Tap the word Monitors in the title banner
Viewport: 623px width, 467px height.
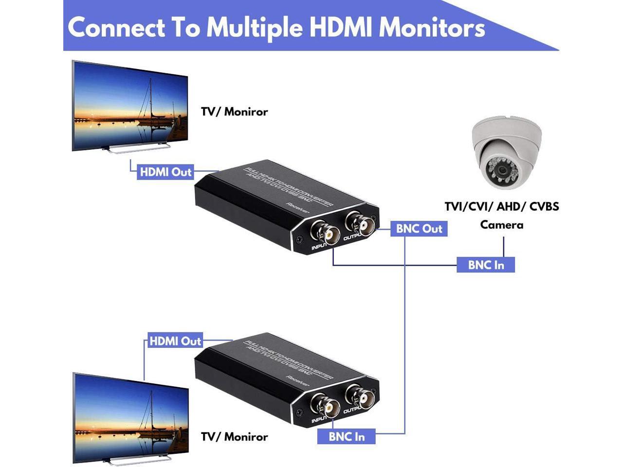(x=432, y=27)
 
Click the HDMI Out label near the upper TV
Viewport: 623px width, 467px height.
(x=165, y=172)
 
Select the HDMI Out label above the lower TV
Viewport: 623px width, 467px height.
(x=175, y=341)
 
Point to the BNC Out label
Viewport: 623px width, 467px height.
(x=419, y=229)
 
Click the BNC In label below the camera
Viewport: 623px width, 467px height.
(x=486, y=265)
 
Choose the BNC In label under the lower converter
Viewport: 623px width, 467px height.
(x=347, y=436)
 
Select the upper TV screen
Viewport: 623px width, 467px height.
(x=130, y=107)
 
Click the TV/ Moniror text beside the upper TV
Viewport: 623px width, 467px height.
(x=234, y=112)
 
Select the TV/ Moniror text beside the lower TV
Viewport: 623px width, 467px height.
(x=234, y=437)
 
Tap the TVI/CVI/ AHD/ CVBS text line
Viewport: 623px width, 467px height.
(x=501, y=206)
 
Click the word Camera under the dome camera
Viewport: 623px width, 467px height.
(x=501, y=225)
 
